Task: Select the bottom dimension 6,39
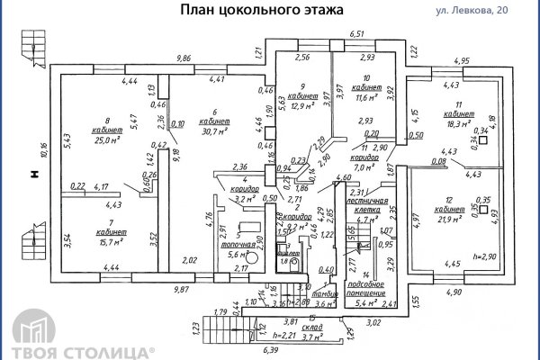[x=270, y=350]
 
